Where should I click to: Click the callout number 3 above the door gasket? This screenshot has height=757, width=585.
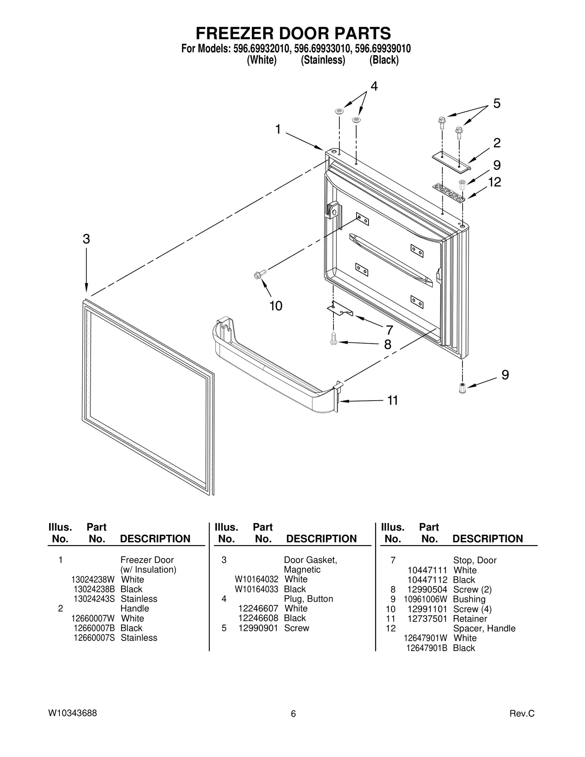(86, 239)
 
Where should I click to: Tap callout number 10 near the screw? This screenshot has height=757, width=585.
(276, 306)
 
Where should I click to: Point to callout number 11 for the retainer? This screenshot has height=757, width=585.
(392, 401)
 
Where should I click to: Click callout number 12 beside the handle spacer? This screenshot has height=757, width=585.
(494, 182)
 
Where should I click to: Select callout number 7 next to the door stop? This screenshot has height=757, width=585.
(389, 330)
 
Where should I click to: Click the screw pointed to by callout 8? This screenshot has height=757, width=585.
(333, 339)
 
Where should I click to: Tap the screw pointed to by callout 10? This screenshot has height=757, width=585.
(260, 274)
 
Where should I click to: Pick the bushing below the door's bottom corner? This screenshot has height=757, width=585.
(462, 388)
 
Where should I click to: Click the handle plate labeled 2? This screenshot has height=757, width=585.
(451, 161)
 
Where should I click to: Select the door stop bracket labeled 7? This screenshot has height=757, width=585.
(340, 309)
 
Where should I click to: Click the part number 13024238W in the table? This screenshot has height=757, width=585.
(93, 579)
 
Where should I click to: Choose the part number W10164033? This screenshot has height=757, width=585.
(256, 589)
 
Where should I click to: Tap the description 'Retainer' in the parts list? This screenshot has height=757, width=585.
(470, 618)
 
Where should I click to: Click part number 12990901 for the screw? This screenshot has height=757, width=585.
(258, 628)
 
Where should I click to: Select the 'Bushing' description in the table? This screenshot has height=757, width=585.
(469, 599)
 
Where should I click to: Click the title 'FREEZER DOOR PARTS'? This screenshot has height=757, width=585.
(293, 33)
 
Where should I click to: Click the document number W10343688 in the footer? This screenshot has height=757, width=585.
(72, 713)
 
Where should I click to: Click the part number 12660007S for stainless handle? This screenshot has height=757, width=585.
(94, 637)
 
